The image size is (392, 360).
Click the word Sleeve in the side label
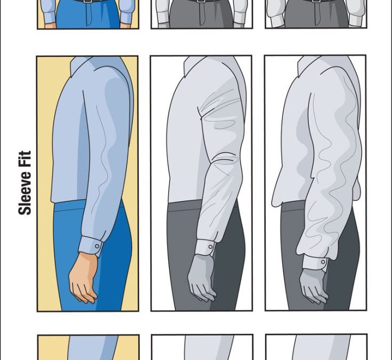25,192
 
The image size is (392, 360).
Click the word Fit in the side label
25,158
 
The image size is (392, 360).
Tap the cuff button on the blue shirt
97,246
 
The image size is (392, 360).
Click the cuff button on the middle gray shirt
211,247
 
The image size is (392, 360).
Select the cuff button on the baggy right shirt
323,262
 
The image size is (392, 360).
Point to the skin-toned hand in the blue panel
83,278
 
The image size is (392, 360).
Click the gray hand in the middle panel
202,278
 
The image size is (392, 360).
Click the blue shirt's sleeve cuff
91,246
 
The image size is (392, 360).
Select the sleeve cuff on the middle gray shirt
205,247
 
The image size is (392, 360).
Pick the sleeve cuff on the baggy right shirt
315,262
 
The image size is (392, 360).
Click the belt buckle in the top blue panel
87,1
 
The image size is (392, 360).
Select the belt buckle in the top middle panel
201,1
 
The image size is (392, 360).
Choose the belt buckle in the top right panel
316,1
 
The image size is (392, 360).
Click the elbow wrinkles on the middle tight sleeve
224,159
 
